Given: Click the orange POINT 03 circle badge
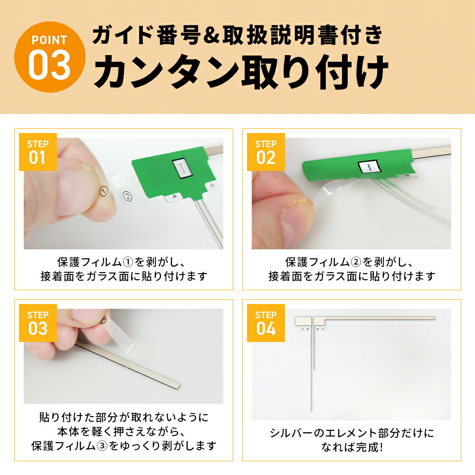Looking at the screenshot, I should click(x=49, y=57).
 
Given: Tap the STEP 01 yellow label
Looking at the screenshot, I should click(x=38, y=152).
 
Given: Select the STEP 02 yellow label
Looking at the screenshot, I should click(x=266, y=152).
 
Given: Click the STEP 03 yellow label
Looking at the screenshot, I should click(x=38, y=323).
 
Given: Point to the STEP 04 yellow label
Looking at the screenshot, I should click(x=266, y=323).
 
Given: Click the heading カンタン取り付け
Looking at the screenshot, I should click(x=240, y=73).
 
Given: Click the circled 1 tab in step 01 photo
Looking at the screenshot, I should click(x=104, y=191).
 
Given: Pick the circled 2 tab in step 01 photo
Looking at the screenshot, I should click(x=126, y=195).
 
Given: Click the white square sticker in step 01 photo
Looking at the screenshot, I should click(x=181, y=168).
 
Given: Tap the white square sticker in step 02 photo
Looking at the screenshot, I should click(x=369, y=167).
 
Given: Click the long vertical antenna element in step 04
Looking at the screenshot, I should click(x=312, y=370).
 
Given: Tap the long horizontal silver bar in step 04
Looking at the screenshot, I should click(x=375, y=318).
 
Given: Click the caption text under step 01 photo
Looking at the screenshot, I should click(x=123, y=269).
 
